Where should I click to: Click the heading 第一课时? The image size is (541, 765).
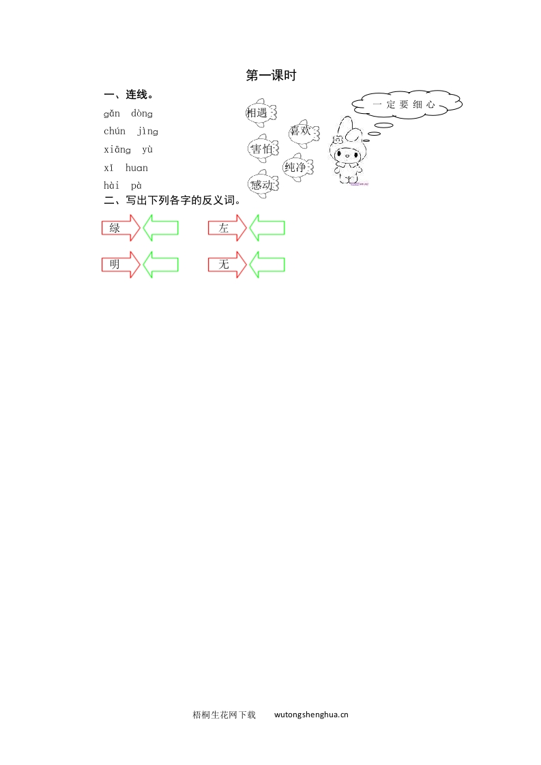click(x=271, y=76)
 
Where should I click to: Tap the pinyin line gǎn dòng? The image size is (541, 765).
click(x=128, y=114)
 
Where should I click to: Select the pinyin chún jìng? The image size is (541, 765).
click(x=131, y=132)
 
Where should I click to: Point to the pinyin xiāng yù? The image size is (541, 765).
click(x=128, y=150)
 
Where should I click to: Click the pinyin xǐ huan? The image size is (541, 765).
click(x=126, y=168)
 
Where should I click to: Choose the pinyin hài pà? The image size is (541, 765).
click(x=123, y=185)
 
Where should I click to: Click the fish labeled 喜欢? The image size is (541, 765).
click(x=301, y=131)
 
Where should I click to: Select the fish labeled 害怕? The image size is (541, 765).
click(x=262, y=149)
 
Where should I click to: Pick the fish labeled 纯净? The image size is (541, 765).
click(x=297, y=167)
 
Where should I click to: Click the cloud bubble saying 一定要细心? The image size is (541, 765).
click(x=407, y=105)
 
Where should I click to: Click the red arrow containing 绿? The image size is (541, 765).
click(x=120, y=228)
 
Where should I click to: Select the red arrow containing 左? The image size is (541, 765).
click(x=227, y=228)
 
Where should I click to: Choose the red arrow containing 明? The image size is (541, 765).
click(x=120, y=265)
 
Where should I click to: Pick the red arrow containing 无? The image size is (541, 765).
click(x=227, y=265)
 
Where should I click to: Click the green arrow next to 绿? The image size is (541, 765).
click(x=161, y=228)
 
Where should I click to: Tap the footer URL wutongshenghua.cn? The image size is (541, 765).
click(x=311, y=715)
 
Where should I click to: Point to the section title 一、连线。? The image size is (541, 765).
click(x=128, y=95)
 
